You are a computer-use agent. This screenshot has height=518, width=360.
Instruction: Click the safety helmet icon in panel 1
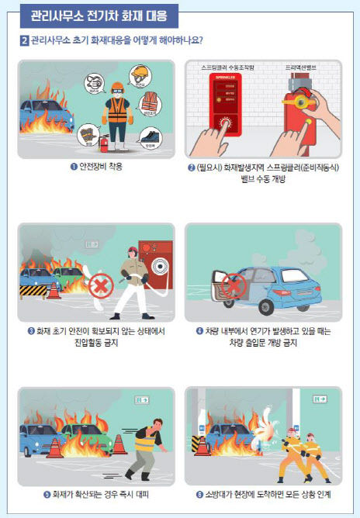pyautogui.click(x=140, y=74)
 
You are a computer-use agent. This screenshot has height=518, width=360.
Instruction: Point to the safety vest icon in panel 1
pyautogui.click(x=150, y=102)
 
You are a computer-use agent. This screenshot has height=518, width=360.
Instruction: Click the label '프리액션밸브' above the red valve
pyautogui.click(x=301, y=67)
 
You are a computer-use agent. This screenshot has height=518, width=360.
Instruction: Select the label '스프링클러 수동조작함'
pyautogui.click(x=227, y=67)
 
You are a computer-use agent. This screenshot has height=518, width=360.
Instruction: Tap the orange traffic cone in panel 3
pyautogui.click(x=54, y=291)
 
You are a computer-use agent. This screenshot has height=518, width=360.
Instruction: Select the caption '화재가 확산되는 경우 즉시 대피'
pyautogui.click(x=96, y=494)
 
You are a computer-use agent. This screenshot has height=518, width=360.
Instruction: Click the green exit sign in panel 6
pyautogui.click(x=320, y=399)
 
